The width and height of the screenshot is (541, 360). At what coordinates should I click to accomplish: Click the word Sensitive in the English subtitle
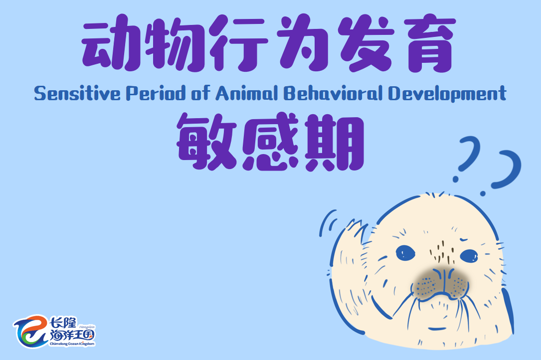(x=77, y=94)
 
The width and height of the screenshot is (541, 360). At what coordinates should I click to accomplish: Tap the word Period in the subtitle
(x=156, y=94)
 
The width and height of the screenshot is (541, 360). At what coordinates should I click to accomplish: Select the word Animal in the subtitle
(x=247, y=94)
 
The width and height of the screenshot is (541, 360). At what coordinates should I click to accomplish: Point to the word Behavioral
(x=333, y=94)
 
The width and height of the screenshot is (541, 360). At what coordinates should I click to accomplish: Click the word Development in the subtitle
(x=447, y=94)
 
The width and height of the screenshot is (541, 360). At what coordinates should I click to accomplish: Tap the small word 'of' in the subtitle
(x=201, y=94)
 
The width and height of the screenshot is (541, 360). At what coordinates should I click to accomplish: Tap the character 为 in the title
(x=303, y=43)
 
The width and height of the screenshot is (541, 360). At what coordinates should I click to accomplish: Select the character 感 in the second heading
(x=270, y=142)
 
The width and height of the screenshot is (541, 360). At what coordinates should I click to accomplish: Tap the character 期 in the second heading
(x=335, y=142)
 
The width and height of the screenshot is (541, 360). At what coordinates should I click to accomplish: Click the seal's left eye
(x=405, y=253)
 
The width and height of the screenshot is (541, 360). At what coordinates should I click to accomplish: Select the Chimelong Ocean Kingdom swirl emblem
(x=30, y=332)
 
